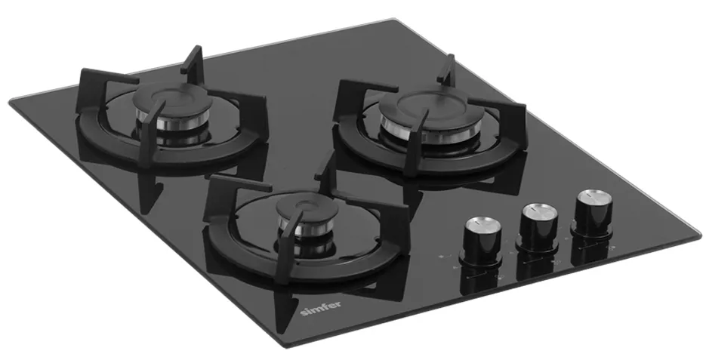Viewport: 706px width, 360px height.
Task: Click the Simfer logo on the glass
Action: [x=320, y=308]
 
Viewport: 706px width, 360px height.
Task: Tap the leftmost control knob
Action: [x=482, y=242]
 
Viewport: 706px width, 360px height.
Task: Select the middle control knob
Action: [x=538, y=227]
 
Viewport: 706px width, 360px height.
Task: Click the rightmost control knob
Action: [x=593, y=214]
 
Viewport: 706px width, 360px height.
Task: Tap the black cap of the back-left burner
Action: [x=172, y=99]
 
